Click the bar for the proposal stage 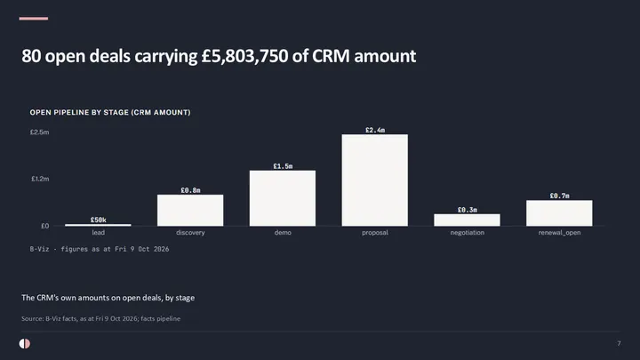click(375, 180)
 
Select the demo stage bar click(283, 198)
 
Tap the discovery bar click(190, 210)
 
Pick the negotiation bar click(467, 220)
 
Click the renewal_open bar click(559, 213)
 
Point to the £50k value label click(99, 220)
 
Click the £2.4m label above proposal click(375, 130)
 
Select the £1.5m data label click(283, 166)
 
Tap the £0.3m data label click(468, 210)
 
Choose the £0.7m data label click(560, 196)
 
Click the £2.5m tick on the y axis click(39, 132)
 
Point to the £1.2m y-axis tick click(40, 179)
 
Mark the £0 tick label click(45, 226)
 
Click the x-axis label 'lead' click(99, 233)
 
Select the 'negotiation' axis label click(468, 233)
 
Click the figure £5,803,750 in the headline click(245, 56)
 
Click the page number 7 click(619, 344)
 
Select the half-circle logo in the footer click(25, 344)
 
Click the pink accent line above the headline click(34, 19)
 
